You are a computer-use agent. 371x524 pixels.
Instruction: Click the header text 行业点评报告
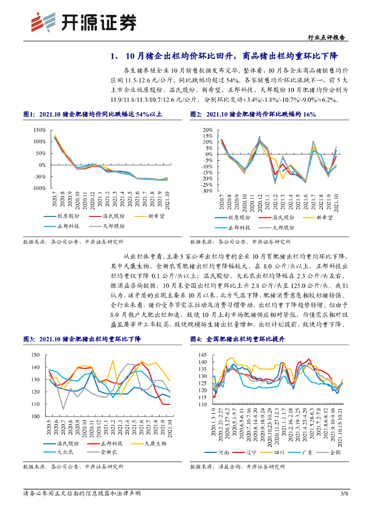click(x=328, y=37)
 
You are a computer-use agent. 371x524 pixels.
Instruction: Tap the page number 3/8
click(x=344, y=493)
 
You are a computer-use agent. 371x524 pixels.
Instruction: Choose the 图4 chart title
click(x=236, y=339)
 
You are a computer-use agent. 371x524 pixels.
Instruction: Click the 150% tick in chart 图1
click(x=39, y=129)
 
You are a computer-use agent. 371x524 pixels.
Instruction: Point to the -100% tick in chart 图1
click(x=39, y=189)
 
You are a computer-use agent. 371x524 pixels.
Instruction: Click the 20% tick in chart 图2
click(x=206, y=129)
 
